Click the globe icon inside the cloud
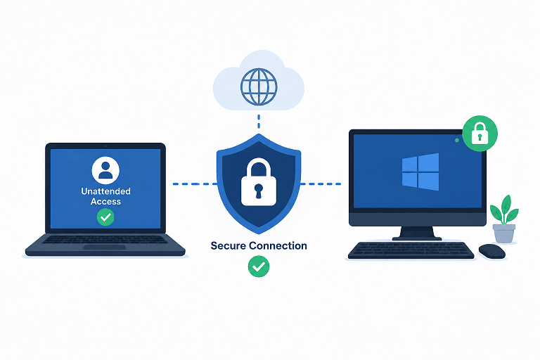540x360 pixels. (259, 86)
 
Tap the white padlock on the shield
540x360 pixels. (259, 182)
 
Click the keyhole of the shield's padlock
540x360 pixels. (259, 191)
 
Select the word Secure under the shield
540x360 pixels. (228, 245)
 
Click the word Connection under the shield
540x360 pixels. (278, 245)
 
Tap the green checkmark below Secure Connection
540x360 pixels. (259, 266)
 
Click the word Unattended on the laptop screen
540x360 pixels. (105, 191)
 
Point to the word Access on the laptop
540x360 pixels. (105, 202)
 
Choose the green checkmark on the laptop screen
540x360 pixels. (105, 217)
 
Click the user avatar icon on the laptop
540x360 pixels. (105, 171)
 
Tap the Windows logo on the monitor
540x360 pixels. (420, 172)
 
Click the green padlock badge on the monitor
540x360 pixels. (480, 134)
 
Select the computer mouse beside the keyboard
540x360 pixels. (491, 251)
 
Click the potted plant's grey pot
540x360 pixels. (504, 233)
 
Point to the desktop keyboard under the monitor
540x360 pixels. (411, 250)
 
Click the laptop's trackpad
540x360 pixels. (104, 247)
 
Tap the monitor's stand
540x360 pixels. (417, 233)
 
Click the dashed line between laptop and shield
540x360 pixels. (195, 184)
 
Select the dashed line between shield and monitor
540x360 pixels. (321, 184)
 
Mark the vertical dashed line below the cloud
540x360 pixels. (259, 122)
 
